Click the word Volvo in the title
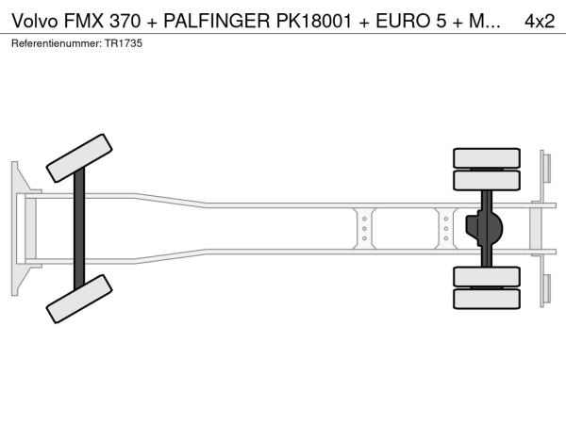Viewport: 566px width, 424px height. click(35, 22)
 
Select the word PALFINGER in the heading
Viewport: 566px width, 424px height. click(217, 22)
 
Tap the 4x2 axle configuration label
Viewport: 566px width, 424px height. click(540, 22)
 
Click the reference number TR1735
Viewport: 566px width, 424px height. click(124, 43)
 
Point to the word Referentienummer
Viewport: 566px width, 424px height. click(57, 43)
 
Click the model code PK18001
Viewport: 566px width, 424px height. click(314, 22)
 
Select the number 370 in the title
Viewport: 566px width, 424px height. click(125, 22)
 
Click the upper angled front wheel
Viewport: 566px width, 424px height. click(79, 158)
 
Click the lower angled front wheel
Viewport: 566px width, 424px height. click(79, 299)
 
